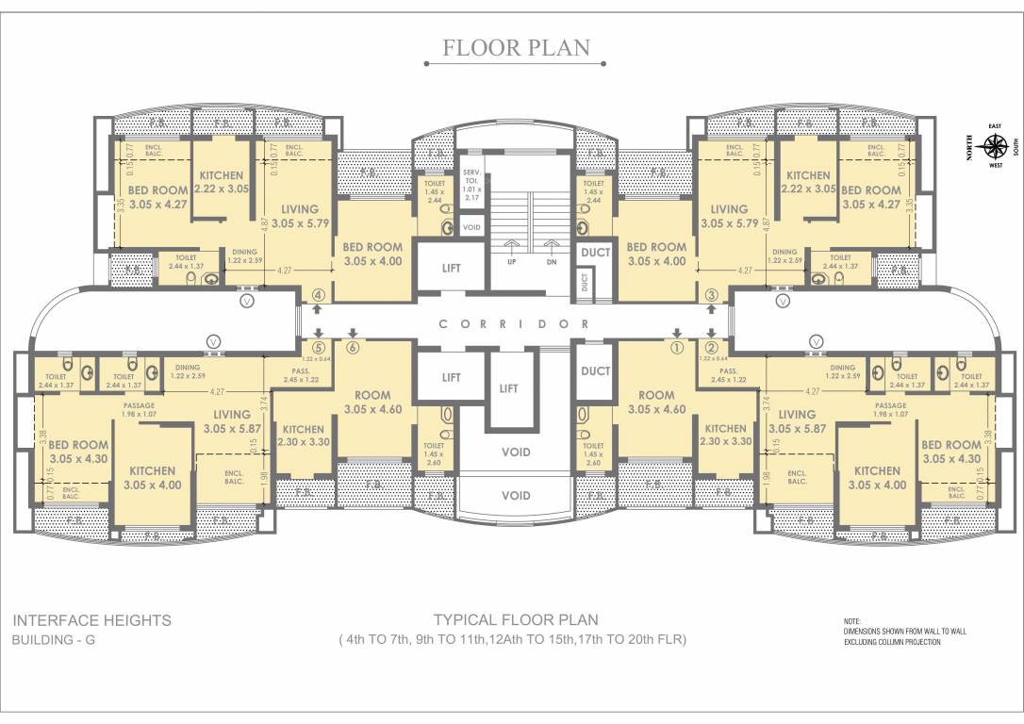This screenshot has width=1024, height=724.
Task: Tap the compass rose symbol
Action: tap(994, 146)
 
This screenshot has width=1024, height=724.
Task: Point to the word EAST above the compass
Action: tap(994, 125)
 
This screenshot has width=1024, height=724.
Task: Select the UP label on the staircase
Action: tap(512, 262)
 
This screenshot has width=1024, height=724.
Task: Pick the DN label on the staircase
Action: tap(552, 262)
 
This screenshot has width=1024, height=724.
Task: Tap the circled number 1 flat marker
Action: tap(675, 346)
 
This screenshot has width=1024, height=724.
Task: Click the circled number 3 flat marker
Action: tap(711, 295)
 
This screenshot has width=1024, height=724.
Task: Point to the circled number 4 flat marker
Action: tap(319, 295)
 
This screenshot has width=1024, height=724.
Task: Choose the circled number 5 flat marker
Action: tap(319, 346)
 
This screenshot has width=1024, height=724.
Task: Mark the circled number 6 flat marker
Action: tap(353, 346)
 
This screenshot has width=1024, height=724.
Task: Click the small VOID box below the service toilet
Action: tap(471, 226)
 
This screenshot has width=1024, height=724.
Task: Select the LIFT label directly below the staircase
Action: tap(508, 388)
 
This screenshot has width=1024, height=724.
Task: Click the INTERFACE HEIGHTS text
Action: tap(91, 620)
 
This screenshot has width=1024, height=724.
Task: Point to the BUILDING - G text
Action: tap(54, 640)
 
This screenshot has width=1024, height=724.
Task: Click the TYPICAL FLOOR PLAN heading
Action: tap(515, 619)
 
